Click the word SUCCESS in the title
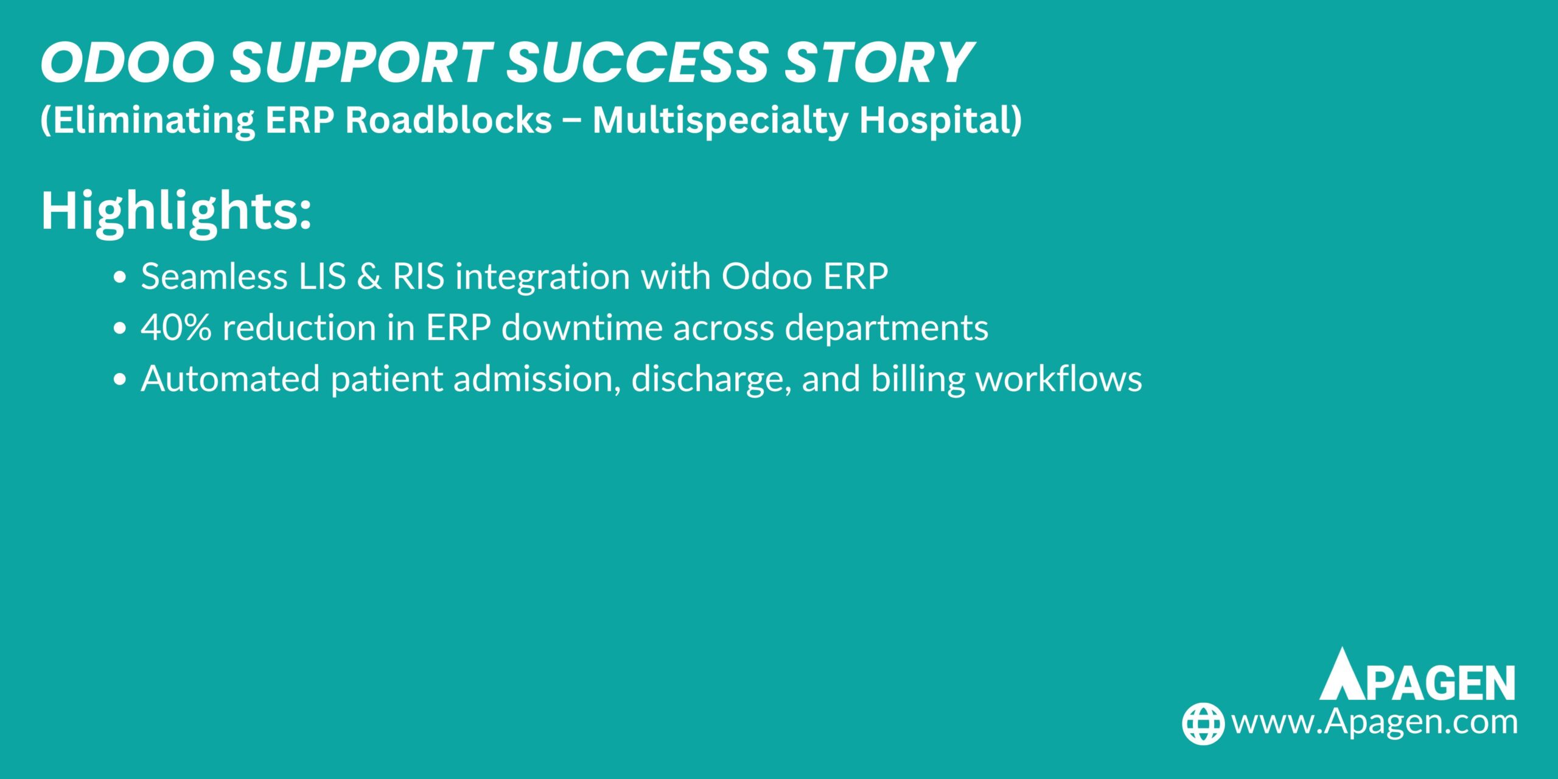tap(636, 62)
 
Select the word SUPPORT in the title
tap(360, 62)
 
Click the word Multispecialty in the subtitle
tap(721, 121)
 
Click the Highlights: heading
tap(176, 212)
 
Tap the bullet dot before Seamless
tap(120, 278)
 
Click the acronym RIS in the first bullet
tap(419, 276)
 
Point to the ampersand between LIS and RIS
tap(370, 276)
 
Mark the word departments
tap(887, 329)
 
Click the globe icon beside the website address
tap(1203, 724)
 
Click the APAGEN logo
tap(1417, 674)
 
